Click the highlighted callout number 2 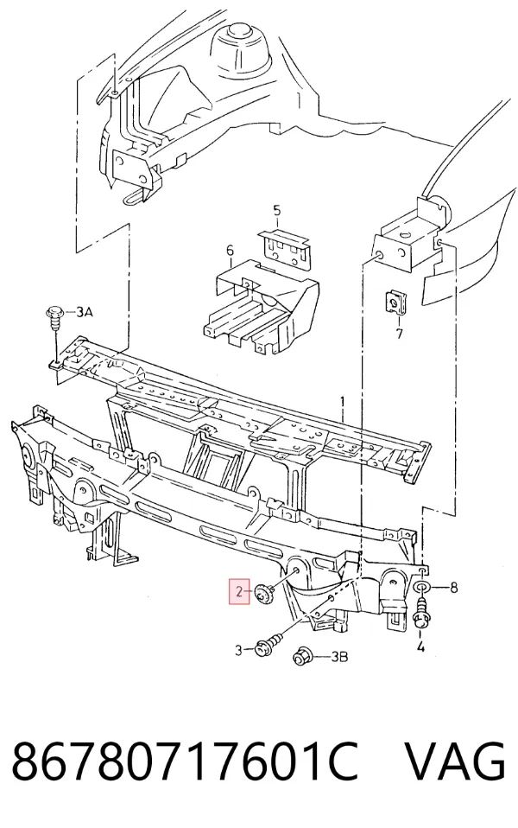[239, 591]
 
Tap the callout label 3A [84, 312]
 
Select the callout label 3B [338, 657]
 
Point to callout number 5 [277, 211]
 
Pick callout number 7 [399, 334]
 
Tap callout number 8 [453, 587]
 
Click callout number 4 [420, 646]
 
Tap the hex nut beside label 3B [301, 656]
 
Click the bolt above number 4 [421, 614]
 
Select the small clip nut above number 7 [391, 301]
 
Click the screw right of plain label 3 [267, 646]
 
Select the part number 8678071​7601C [185, 760]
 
